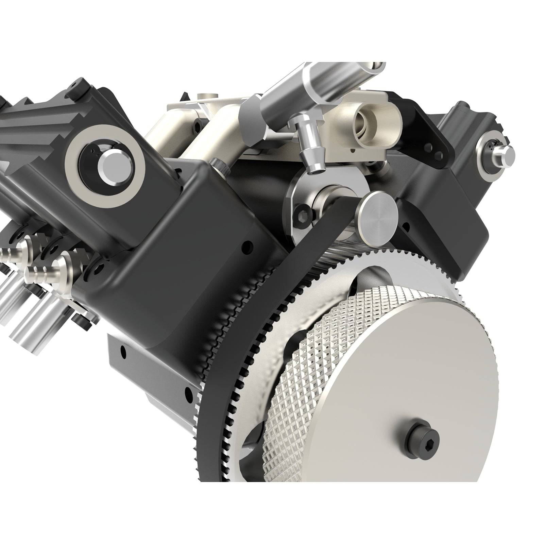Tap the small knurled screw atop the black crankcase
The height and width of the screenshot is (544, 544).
pos(217,165)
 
